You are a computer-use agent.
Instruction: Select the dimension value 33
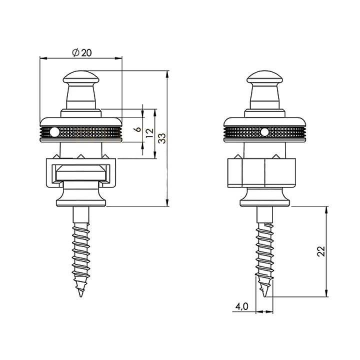pyautogui.click(x=161, y=138)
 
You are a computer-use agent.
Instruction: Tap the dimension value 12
pyautogui.click(x=148, y=133)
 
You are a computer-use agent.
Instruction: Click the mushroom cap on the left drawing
pyautogui.click(x=80, y=78)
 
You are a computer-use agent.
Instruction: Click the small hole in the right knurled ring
pyautogui.click(x=264, y=132)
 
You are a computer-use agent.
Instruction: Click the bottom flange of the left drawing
pyautogui.click(x=81, y=199)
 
